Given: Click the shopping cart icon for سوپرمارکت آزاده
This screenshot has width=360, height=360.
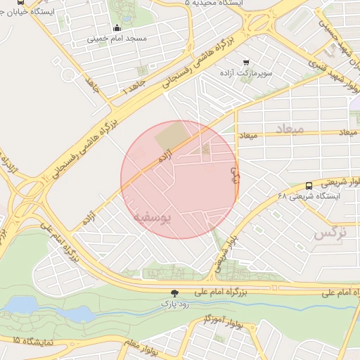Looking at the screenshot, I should [x=245, y=63].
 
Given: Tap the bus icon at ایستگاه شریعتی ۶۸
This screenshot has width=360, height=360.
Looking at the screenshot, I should [x=309, y=186].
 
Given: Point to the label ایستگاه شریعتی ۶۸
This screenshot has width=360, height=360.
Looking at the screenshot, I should [x=309, y=196].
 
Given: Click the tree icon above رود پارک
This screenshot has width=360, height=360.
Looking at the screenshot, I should [x=174, y=292].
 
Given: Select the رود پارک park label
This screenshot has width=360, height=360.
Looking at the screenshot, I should [x=174, y=303].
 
